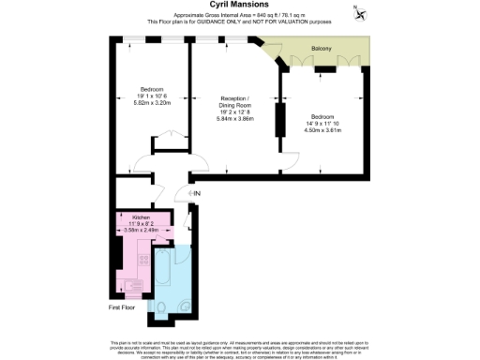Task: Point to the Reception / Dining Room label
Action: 235,102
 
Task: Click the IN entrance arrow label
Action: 196,194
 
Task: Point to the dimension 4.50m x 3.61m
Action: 327,131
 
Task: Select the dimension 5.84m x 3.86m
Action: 235,118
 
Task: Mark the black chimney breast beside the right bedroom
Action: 278,120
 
